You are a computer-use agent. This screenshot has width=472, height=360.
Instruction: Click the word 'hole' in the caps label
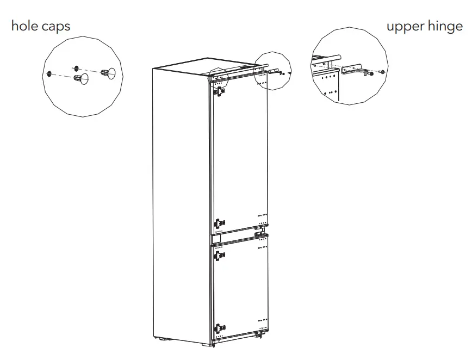coord(24,26)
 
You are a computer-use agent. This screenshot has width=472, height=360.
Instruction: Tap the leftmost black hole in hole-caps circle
coord(49,74)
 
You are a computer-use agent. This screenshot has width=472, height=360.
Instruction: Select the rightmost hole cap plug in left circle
coord(110,72)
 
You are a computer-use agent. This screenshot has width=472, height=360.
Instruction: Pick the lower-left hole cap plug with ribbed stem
coord(81,79)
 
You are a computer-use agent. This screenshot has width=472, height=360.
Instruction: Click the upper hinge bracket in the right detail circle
coord(353,72)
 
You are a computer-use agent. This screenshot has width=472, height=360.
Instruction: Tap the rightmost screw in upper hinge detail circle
coord(384,72)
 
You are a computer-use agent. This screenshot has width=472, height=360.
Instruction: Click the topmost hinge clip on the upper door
coord(219,91)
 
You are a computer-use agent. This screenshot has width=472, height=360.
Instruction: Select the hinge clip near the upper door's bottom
coord(219,223)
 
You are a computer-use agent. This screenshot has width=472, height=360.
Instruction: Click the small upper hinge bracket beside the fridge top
coord(275,71)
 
